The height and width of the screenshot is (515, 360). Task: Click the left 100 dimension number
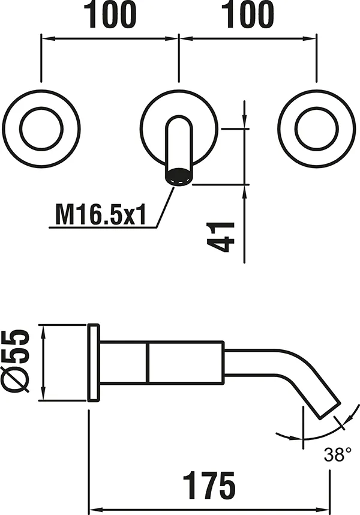[x=110, y=14]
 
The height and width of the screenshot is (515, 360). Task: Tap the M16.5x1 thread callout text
[x=101, y=215]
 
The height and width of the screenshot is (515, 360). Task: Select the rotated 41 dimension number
[x=221, y=237]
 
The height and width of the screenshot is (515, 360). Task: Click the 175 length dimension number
[x=209, y=485]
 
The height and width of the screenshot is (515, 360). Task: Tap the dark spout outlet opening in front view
[x=179, y=176]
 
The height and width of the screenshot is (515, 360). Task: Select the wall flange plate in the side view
[x=93, y=363]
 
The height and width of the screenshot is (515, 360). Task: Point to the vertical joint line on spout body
[x=148, y=363]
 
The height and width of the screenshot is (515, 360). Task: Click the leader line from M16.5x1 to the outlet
[x=165, y=206]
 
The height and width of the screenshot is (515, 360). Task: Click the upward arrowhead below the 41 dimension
[x=244, y=191]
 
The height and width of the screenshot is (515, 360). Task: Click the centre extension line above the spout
[x=179, y=58]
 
